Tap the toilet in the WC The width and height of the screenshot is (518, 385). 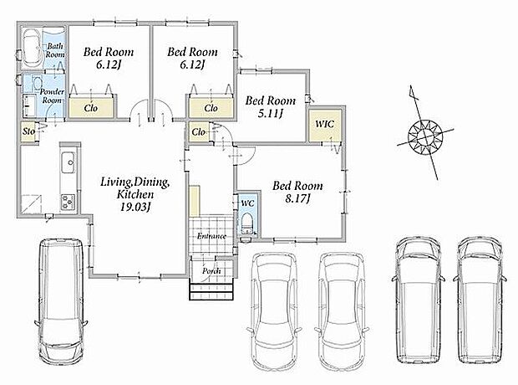coord(247,223)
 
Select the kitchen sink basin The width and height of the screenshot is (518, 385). coord(69,162)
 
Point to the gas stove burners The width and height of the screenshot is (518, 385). coord(69,202)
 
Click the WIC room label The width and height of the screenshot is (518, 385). coord(324,124)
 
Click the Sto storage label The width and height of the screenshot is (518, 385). coord(28,131)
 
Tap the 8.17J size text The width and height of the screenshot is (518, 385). coord(297,198)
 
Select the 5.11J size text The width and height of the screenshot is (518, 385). coord(271,114)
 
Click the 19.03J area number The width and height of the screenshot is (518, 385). coord(135,207)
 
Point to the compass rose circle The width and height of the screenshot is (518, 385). coord(424,136)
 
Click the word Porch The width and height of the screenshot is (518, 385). coord(211,271)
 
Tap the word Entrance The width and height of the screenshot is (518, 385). coord(211,236)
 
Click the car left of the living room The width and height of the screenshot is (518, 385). coord(61,300)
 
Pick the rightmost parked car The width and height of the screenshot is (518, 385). coord(480,300)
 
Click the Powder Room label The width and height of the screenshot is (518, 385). coord(52,96)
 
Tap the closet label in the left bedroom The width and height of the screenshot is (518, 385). coord(91,108)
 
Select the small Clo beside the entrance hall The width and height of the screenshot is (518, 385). coord(199,132)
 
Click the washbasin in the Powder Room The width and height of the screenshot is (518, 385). coord(29,105)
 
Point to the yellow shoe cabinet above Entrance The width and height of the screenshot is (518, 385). coord(195,201)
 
